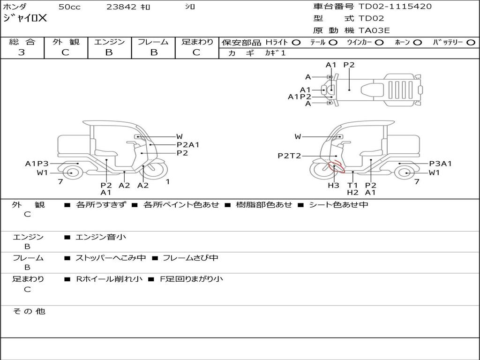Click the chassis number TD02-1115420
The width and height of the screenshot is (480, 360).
coord(395,7)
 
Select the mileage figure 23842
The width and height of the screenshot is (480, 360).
coord(121,7)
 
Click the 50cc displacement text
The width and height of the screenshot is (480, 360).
coord(69,7)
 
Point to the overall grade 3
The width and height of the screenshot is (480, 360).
coord(22,52)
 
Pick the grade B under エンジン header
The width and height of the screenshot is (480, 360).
coord(109,52)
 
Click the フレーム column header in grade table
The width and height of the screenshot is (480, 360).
coord(153,42)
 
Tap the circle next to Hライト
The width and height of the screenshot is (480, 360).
coord(296,43)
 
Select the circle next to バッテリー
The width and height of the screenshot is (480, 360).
coord(471,43)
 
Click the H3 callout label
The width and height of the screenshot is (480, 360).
coord(333,185)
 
